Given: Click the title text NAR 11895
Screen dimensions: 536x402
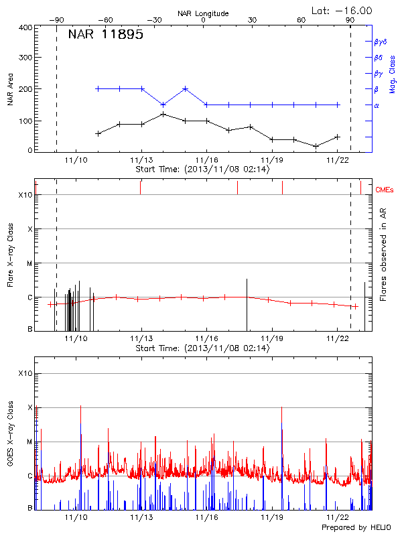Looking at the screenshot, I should [105, 35].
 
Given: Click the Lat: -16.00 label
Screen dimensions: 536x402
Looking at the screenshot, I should [342, 11].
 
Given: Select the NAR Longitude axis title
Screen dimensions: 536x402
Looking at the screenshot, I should [203, 13].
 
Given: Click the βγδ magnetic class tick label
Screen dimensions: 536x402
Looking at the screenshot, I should [380, 42].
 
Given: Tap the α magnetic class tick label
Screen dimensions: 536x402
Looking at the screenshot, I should [376, 105].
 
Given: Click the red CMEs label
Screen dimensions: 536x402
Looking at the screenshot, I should [385, 191].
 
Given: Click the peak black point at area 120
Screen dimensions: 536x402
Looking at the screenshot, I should [163, 115].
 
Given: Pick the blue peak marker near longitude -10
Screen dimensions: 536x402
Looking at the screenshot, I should [185, 88].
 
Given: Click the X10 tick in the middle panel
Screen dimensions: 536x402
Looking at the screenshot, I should [25, 195].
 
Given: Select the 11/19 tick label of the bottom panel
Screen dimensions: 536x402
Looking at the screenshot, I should [271, 517].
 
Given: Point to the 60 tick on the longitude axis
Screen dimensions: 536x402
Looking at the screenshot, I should [301, 21].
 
